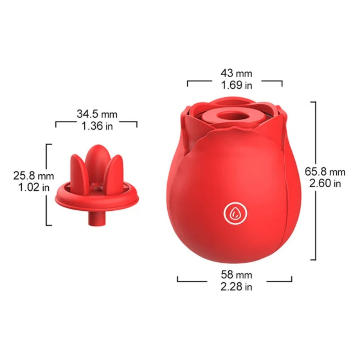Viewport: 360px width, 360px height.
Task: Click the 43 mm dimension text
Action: pos(236,73)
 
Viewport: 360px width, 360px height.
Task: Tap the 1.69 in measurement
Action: pos(236,85)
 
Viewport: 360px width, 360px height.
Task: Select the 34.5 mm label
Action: pos(97,114)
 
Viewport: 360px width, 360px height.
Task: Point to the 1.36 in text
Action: pos(97,126)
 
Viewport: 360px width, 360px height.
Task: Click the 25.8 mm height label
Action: pos(34,176)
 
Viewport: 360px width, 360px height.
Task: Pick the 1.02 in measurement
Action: pos(34,187)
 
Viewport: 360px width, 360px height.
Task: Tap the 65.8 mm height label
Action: pos(325,172)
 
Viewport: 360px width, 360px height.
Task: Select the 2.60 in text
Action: pos(325,183)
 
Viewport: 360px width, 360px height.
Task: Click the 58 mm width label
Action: pos(236,274)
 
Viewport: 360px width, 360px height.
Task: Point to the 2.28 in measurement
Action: pos(236,286)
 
